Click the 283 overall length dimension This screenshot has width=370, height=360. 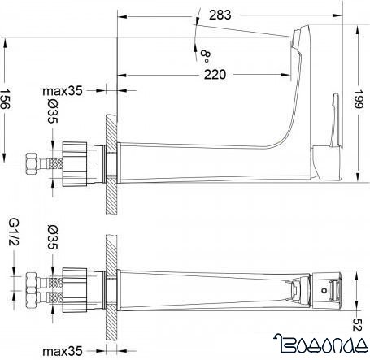[x=239, y=14]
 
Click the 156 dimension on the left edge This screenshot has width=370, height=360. [x=7, y=101]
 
